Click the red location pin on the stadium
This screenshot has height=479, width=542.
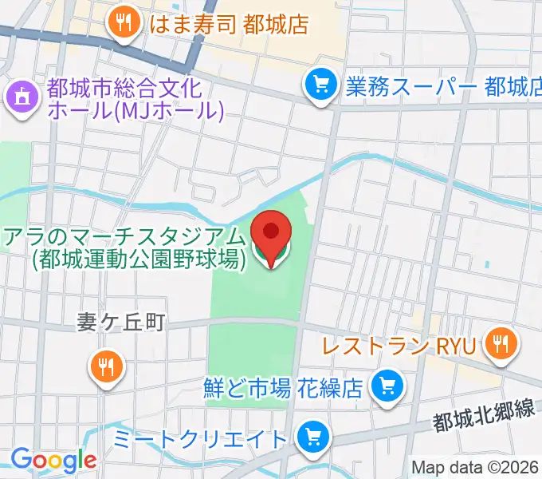271,233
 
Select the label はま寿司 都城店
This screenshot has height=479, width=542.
228,23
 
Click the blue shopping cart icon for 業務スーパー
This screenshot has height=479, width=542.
320,83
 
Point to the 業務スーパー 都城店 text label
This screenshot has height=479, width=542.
443,85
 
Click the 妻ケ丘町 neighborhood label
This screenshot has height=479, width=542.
120,322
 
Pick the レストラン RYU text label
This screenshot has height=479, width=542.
399,346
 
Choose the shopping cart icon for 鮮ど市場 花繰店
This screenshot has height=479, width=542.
388,387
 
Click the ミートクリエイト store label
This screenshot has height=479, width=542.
199,438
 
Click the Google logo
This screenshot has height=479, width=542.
53,459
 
